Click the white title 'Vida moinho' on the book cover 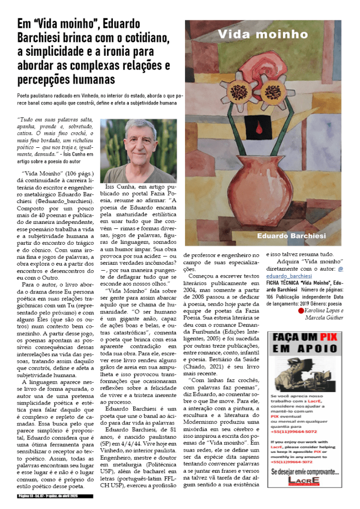[x=263, y=34]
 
